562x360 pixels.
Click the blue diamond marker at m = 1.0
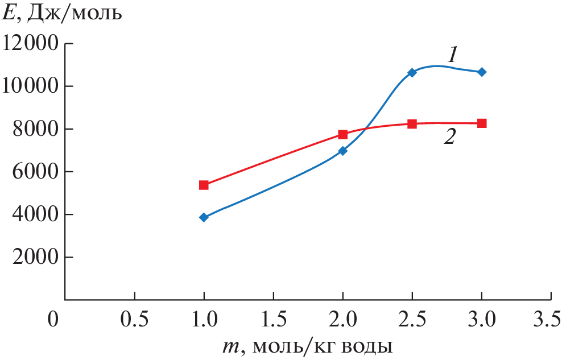(204, 217)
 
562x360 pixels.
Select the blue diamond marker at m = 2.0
(342, 151)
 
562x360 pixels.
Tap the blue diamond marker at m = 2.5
(412, 73)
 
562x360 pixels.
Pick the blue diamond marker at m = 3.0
(482, 72)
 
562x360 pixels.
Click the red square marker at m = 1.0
(204, 185)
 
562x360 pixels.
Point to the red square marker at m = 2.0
(342, 134)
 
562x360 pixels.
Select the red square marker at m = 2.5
(412, 123)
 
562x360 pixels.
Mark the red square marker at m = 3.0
(482, 123)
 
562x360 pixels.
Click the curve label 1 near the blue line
(452, 55)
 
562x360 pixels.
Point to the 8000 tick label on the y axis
(36, 129)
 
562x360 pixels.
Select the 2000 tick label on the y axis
(36, 257)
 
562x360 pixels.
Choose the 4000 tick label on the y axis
(36, 214)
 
